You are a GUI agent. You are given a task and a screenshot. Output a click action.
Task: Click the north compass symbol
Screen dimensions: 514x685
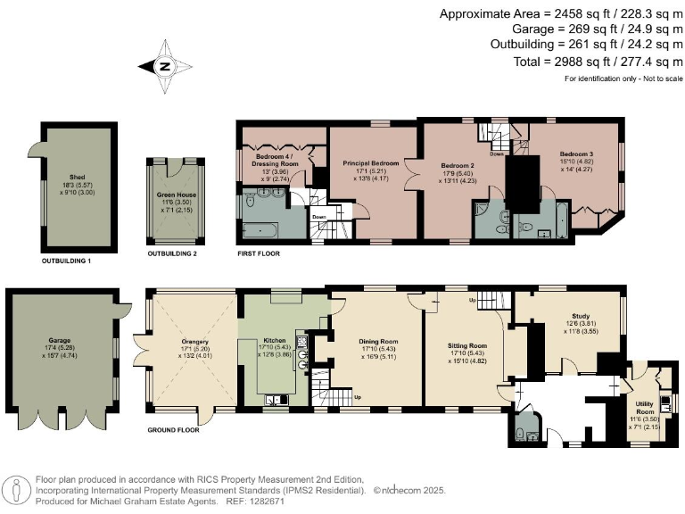tap(165, 67)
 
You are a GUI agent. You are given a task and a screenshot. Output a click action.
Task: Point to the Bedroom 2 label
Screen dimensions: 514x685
tap(456, 165)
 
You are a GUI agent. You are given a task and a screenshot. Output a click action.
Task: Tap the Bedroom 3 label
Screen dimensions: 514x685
tap(576, 153)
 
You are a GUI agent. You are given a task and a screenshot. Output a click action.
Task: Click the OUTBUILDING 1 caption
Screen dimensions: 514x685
tap(67, 262)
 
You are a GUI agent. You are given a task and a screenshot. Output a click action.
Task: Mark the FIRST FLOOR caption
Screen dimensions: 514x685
tap(260, 254)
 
